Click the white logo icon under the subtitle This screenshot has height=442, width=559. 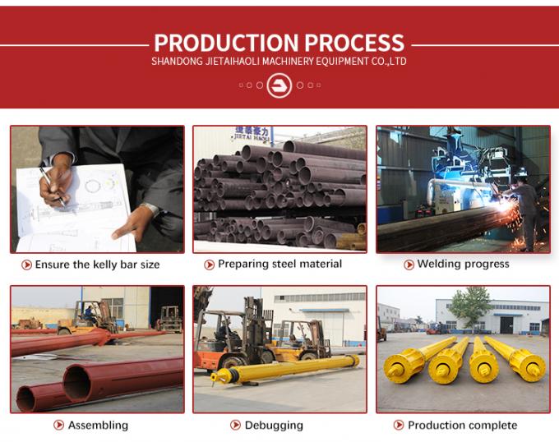pos(279,85)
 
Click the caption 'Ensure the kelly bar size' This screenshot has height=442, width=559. pos(97,265)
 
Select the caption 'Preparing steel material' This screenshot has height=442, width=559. pos(279,264)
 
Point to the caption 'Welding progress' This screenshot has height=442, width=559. pos(463,264)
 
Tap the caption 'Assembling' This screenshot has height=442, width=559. pos(98,425)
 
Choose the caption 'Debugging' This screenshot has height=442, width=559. pos(274,425)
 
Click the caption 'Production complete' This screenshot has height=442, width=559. pos(462,425)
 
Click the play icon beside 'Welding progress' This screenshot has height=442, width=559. pos(409,265)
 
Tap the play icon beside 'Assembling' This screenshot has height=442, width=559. pos(59,425)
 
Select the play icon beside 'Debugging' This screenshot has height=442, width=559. pos(236,425)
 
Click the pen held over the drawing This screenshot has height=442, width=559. pos(53,184)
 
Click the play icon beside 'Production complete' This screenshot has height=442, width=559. pos(399,425)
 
